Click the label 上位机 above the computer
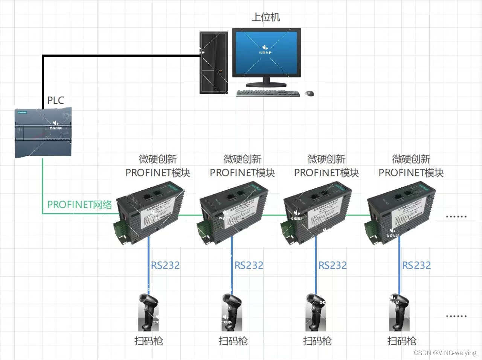click(266, 17)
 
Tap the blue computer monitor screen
click(266, 53)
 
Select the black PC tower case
click(214, 62)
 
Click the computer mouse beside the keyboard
click(310, 93)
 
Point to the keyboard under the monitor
click(267, 93)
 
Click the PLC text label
click(55, 100)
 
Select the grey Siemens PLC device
click(43, 132)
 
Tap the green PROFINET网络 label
click(79, 205)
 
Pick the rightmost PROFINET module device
click(401, 213)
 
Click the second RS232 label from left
click(249, 266)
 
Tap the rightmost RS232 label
click(416, 266)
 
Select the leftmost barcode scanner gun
click(149, 312)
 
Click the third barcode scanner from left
click(316, 312)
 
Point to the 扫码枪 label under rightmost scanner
click(402, 341)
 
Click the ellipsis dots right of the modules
click(456, 217)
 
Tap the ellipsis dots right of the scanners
click(456, 316)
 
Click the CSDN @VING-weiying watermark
click(445, 353)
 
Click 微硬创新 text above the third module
click(326, 159)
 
